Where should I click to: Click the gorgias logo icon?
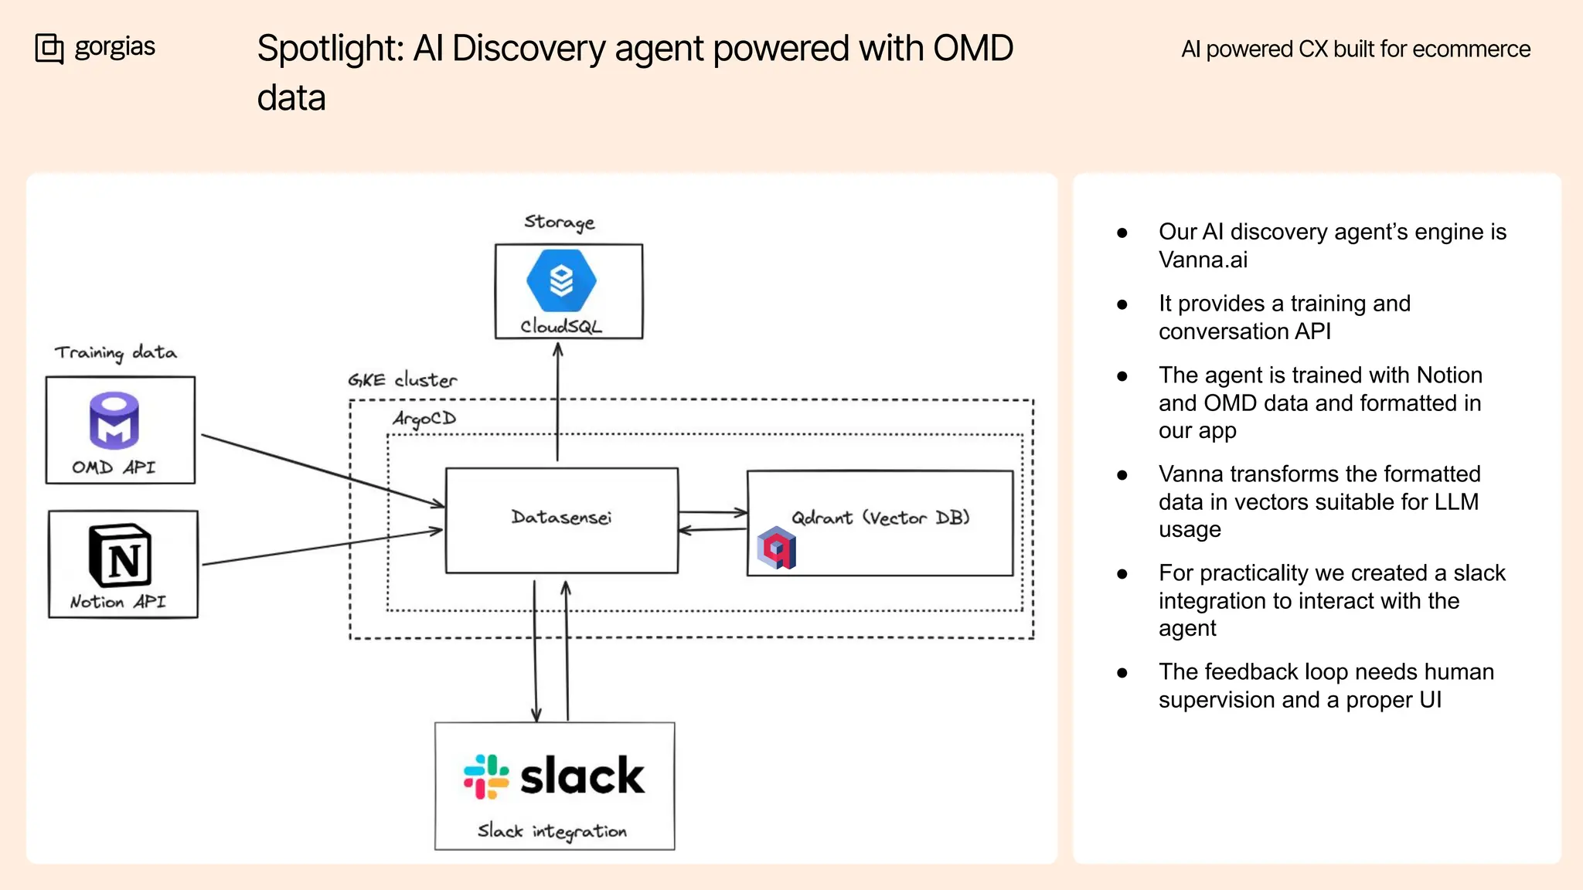tap(49, 48)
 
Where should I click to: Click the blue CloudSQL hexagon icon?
tap(561, 280)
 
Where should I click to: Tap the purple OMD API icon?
tap(114, 420)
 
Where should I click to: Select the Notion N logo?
tap(120, 556)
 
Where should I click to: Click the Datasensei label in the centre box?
tap(561, 517)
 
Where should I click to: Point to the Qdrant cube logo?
tap(777, 548)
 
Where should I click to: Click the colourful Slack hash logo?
tap(486, 776)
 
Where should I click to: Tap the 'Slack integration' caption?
tap(552, 831)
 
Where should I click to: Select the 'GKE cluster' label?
tap(402, 380)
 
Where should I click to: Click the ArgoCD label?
tap(424, 418)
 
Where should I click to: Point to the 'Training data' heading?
tap(115, 352)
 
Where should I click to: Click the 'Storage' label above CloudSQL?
tap(559, 222)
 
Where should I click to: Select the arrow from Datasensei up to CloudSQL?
tap(558, 402)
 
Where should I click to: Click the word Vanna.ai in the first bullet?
tap(1203, 260)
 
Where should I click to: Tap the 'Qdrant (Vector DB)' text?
tap(880, 518)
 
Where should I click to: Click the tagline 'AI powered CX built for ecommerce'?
tap(1355, 49)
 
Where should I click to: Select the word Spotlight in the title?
tap(330, 49)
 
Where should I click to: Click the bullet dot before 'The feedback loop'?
tap(1122, 673)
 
